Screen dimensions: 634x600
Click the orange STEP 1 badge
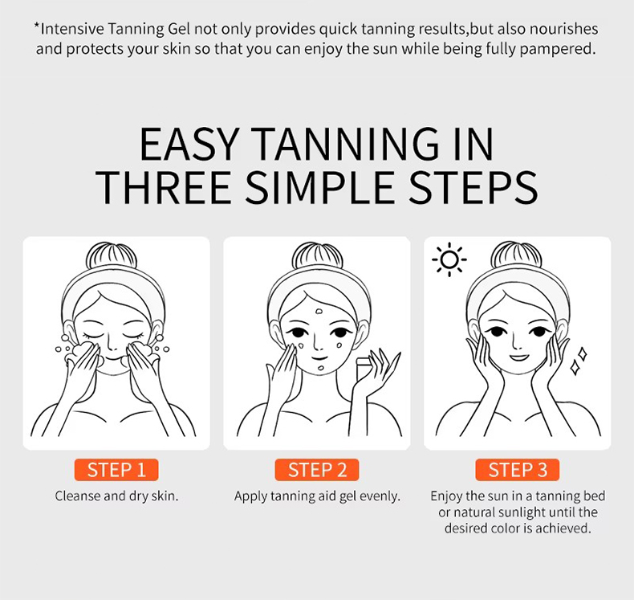click(116, 470)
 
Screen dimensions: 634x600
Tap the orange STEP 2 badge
click(317, 470)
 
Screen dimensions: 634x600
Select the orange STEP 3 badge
click(518, 470)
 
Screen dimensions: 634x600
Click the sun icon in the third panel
click(449, 259)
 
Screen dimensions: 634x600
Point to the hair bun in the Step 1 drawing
click(112, 255)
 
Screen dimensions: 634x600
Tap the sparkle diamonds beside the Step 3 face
click(578, 361)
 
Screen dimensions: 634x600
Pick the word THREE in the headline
click(164, 187)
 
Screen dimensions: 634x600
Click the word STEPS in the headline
click(473, 187)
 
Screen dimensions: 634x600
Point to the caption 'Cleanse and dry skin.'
click(116, 496)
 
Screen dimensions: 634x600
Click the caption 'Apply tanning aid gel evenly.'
click(317, 496)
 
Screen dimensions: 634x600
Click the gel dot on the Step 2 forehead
click(319, 312)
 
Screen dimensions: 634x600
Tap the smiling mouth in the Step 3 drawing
click(519, 357)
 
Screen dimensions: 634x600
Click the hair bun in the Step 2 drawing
click(318, 255)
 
